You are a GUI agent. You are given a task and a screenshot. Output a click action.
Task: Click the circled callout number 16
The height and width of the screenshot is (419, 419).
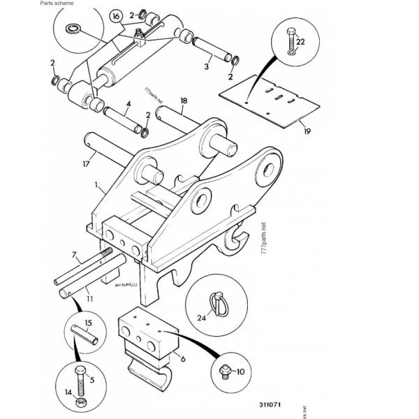tap(116, 15)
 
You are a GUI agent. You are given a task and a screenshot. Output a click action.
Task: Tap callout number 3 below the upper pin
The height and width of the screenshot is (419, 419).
tap(207, 67)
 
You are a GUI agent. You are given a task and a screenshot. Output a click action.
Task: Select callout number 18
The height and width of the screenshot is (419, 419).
tap(183, 101)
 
